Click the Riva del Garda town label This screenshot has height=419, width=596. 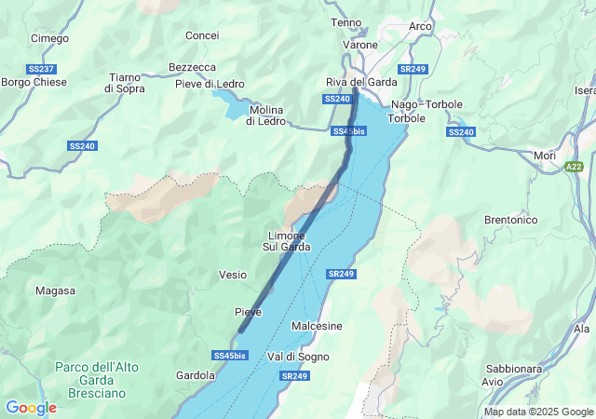(x=361, y=82)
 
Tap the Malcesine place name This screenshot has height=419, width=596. (x=317, y=326)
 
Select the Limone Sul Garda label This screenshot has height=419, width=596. (x=286, y=241)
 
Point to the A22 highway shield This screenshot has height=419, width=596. (x=576, y=166)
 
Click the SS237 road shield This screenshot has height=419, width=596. (x=42, y=69)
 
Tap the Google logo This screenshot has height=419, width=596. (x=31, y=408)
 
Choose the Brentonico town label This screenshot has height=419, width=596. (x=511, y=220)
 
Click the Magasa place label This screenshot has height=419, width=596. (x=55, y=291)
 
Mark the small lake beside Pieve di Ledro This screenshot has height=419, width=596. (x=230, y=104)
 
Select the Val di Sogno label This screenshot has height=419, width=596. (x=298, y=357)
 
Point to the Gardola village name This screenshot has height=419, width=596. (x=196, y=375)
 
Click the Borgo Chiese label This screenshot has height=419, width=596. (x=34, y=83)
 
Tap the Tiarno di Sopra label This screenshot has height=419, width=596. (x=124, y=83)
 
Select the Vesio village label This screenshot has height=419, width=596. (x=233, y=275)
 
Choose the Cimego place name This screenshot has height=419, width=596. (x=49, y=38)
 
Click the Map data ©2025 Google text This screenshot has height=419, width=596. (x=538, y=412)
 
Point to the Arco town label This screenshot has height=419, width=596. (x=420, y=26)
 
